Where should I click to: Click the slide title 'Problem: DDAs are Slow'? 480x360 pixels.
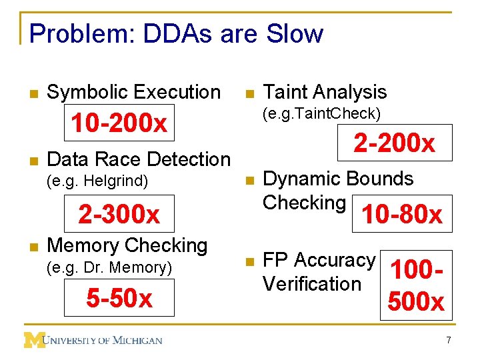pos(176,33)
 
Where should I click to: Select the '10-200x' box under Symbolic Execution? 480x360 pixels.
pos(119,123)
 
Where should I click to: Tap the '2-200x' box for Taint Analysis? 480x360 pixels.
pos(394,143)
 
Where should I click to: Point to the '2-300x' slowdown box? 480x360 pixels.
pos(119,214)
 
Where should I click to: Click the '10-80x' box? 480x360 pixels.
pos(401,214)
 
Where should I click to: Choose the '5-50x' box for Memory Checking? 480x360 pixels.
pos(119,299)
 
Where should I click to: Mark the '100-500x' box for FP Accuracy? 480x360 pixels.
pos(417,285)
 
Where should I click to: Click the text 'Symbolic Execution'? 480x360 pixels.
pos(133,92)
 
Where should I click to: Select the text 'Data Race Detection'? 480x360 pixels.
pos(139,159)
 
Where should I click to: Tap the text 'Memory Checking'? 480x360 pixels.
pos(127,245)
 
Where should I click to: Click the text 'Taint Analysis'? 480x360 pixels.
pos(325,92)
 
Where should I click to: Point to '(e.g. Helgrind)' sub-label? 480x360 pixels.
pos(97,180)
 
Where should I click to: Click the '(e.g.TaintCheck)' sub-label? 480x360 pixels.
pos(322,113)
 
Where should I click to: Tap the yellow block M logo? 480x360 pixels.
pos(34,339)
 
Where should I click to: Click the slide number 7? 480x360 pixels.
pos(449,341)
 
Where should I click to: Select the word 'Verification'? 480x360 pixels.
pos(311,283)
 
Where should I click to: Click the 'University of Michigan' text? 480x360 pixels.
pos(103,340)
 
